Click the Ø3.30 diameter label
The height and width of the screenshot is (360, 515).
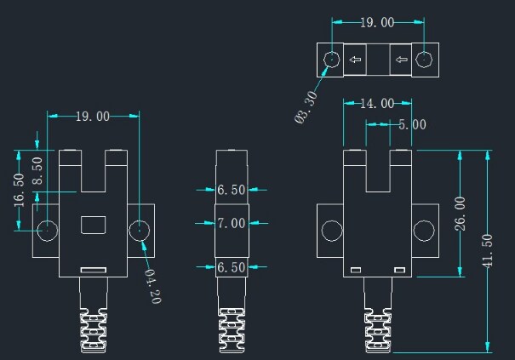click(306, 109)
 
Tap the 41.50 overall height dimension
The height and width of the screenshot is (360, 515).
click(488, 250)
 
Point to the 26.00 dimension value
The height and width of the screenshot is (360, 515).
click(461, 214)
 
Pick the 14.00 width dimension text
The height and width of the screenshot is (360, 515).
click(376, 104)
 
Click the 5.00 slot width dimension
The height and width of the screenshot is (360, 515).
click(412, 124)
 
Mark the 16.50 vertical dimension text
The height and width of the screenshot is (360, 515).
click(19, 191)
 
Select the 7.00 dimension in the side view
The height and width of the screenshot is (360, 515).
click(231, 224)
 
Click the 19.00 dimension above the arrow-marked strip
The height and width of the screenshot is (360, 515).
click(377, 23)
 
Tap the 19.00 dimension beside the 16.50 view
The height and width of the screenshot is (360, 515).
click(93, 117)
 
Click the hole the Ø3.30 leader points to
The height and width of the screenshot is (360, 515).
click(332, 60)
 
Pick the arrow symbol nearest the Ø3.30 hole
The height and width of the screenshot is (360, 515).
click(355, 60)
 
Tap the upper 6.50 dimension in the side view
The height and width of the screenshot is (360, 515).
click(231, 191)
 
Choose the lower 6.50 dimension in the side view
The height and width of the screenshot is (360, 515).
click(231, 267)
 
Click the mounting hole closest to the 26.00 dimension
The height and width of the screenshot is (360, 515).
click(422, 230)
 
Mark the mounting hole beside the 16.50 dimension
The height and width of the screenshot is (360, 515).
click(48, 230)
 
